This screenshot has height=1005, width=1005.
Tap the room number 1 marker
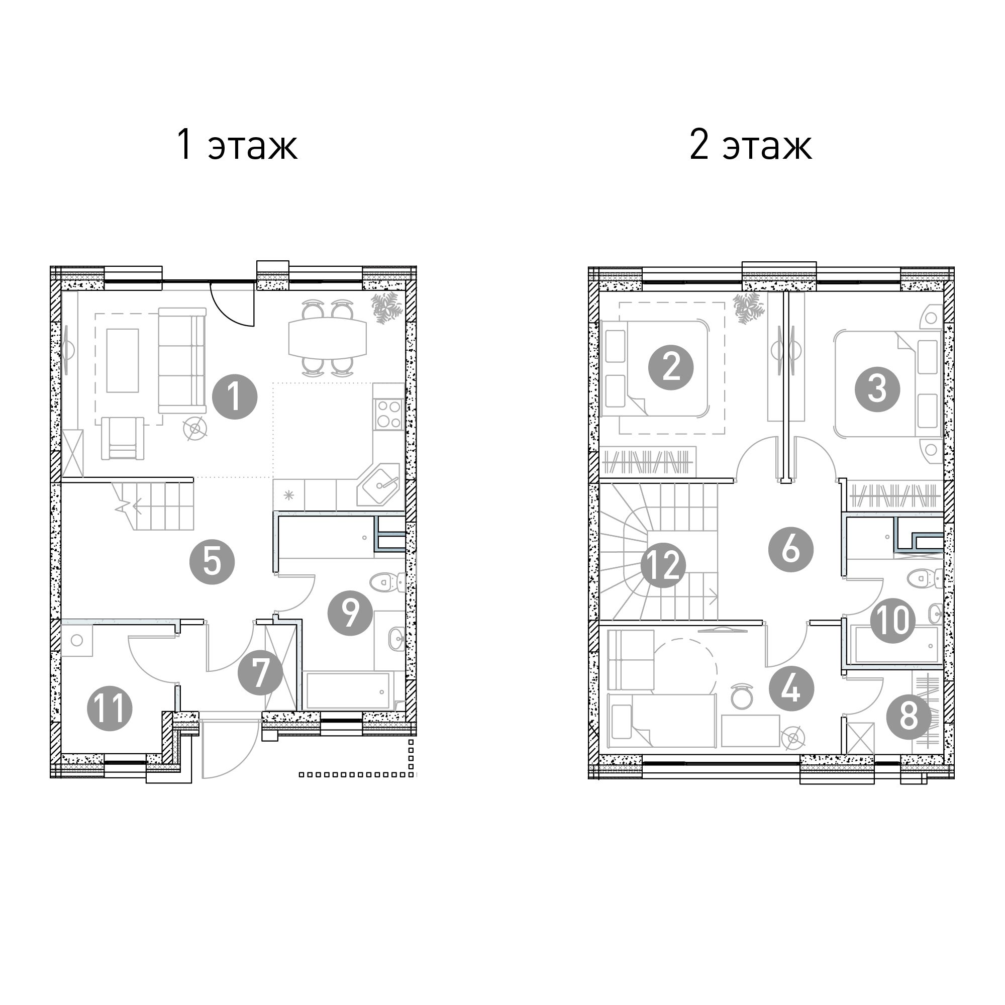click(235, 397)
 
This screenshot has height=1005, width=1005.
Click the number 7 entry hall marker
click(260, 673)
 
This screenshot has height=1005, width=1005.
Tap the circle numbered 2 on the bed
click(670, 368)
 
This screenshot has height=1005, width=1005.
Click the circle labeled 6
click(790, 549)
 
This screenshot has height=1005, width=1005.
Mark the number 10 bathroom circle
click(892, 620)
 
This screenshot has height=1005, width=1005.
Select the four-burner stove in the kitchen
click(388, 414)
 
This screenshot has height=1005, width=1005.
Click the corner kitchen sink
click(379, 485)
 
